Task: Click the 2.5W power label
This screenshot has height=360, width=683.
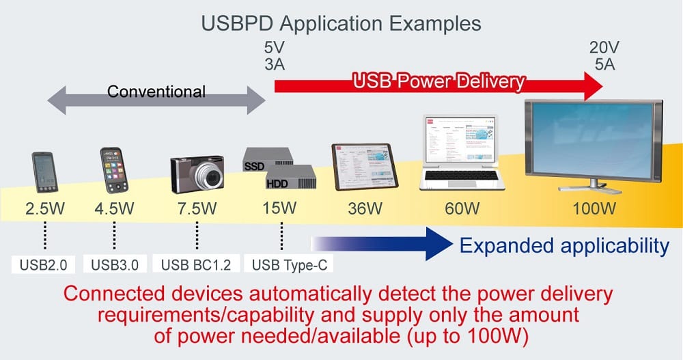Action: pyautogui.click(x=45, y=208)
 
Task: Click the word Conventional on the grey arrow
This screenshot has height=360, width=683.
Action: pyautogui.click(x=156, y=91)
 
